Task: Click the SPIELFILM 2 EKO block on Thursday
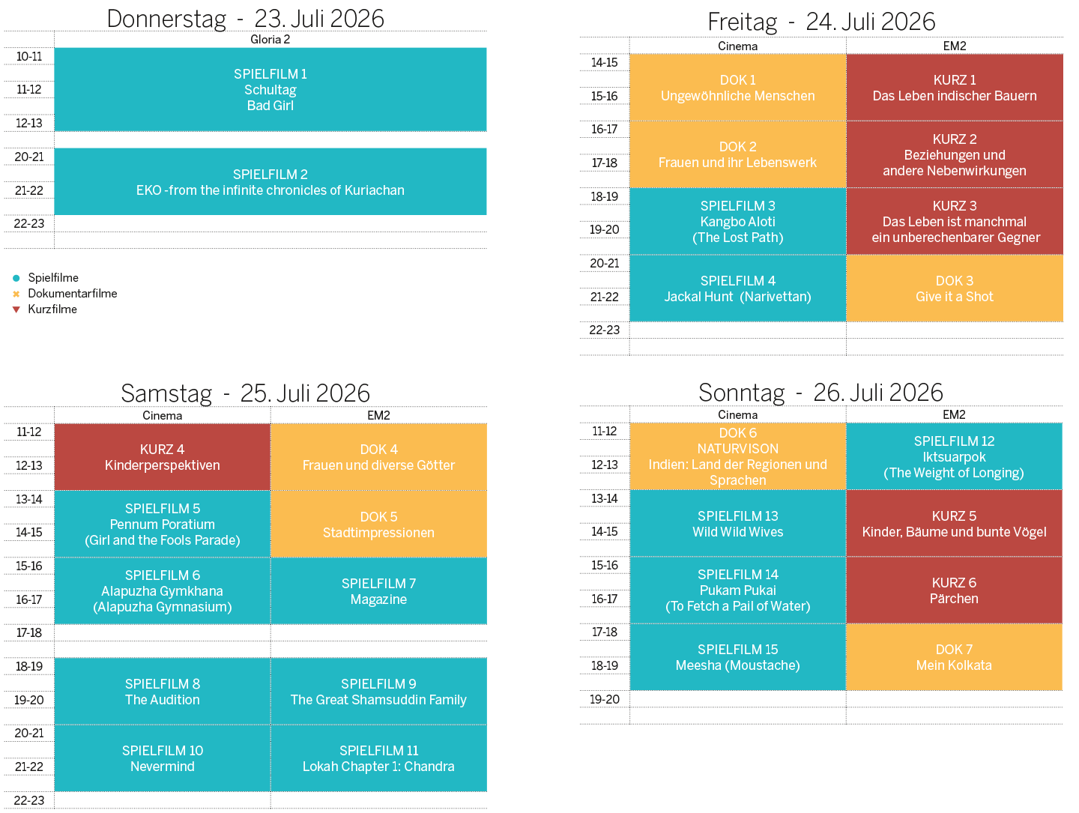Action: tap(270, 181)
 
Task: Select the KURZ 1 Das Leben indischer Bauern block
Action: tap(954, 88)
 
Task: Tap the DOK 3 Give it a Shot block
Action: tap(954, 288)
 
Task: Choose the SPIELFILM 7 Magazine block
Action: tap(378, 590)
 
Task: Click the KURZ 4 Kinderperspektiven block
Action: tap(162, 457)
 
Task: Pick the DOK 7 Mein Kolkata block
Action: tap(953, 657)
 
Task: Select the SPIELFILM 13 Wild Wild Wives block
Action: tap(737, 524)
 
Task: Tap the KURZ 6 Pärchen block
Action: tap(953, 590)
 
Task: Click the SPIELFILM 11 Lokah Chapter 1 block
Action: tap(378, 758)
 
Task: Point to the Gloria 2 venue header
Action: tap(270, 39)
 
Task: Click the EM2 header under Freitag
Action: tap(954, 46)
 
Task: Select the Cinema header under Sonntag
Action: tap(737, 414)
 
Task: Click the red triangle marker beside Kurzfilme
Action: tap(16, 309)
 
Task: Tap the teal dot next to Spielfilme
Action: tap(16, 278)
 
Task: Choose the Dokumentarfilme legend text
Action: tap(72, 294)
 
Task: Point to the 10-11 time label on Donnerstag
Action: tap(29, 56)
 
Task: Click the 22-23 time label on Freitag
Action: tap(604, 330)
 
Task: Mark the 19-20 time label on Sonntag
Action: tap(604, 699)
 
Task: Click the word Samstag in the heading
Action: tap(166, 393)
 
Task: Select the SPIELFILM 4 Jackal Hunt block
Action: tap(737, 288)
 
